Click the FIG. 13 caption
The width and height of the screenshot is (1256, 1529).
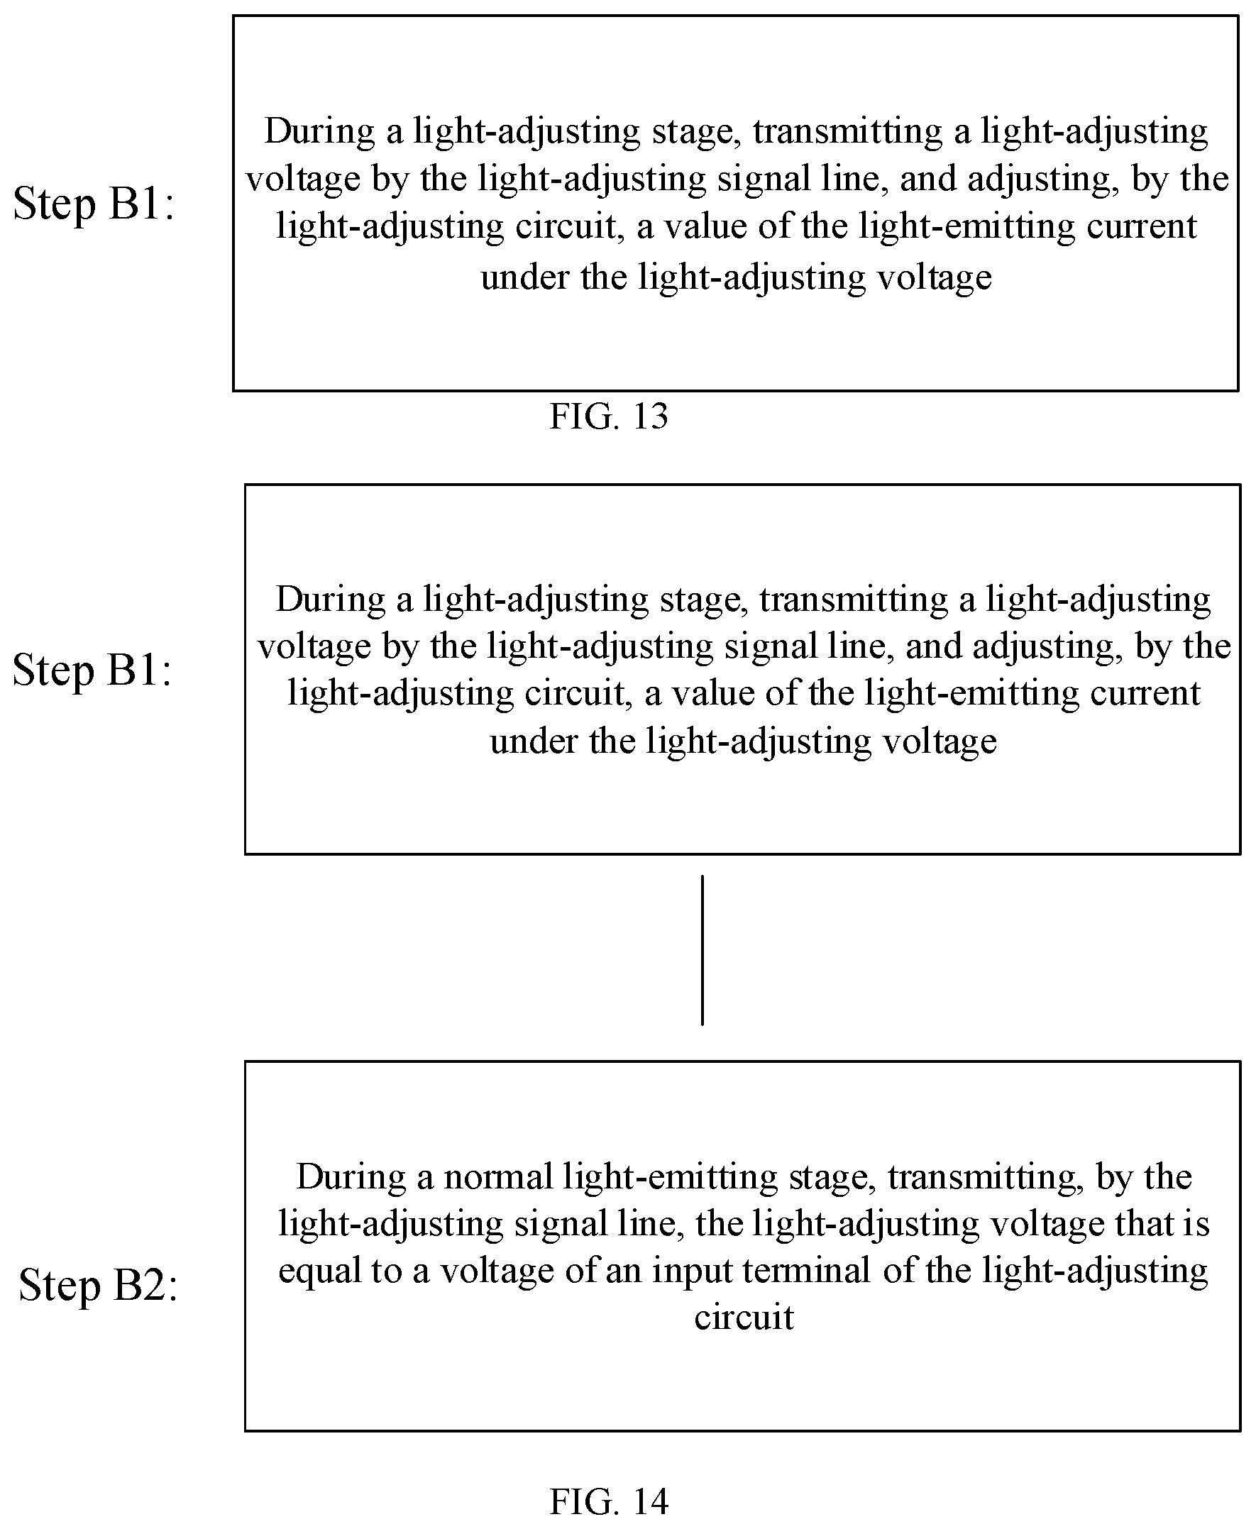(608, 416)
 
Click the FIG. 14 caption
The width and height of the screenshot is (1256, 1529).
(608, 1501)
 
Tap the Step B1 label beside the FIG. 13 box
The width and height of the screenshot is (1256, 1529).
(94, 204)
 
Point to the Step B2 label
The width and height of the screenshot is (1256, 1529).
(98, 1286)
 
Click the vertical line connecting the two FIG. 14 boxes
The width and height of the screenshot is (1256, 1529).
(702, 950)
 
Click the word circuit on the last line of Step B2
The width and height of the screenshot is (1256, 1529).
(744, 1318)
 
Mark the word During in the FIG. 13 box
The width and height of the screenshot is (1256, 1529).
(319, 133)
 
